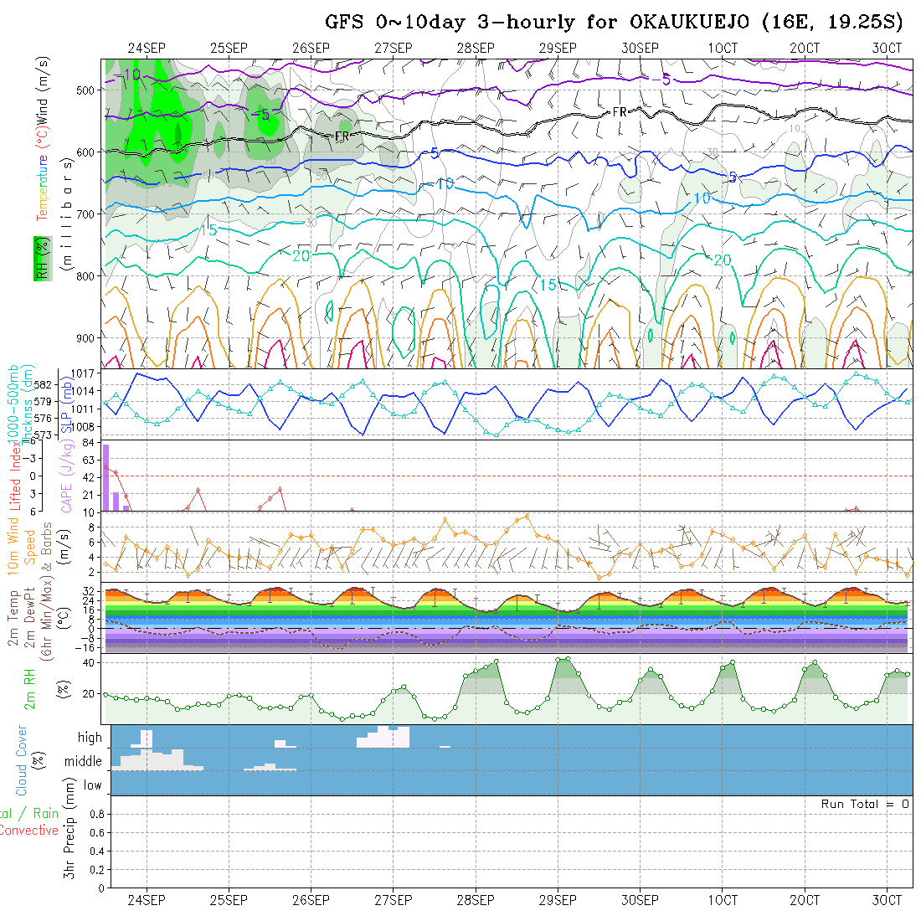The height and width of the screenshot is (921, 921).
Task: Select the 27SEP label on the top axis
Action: [393, 49]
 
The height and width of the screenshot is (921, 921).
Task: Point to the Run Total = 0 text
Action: [865, 804]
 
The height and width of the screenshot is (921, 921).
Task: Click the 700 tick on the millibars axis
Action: [90, 214]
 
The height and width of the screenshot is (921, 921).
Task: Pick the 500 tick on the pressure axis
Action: [90, 90]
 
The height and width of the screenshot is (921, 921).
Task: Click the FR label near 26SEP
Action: [342, 136]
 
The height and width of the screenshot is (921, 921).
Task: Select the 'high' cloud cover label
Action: [90, 738]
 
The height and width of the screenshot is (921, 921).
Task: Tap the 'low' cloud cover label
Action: [92, 785]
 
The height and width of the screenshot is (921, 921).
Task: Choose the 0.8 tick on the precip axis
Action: [95, 814]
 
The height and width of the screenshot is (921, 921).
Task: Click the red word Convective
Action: [28, 831]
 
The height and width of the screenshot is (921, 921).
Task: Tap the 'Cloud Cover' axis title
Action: [22, 760]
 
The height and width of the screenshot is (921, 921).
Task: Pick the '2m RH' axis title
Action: [29, 688]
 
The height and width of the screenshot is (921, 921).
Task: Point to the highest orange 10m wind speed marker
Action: [527, 516]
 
